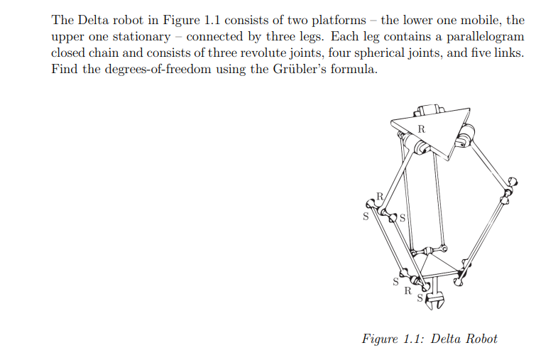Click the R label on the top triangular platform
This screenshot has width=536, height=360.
pos(422,129)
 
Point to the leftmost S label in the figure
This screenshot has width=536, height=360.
pos(366,217)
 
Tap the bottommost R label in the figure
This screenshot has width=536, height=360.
pos(407,290)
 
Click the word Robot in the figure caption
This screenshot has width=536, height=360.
pos(481,339)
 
